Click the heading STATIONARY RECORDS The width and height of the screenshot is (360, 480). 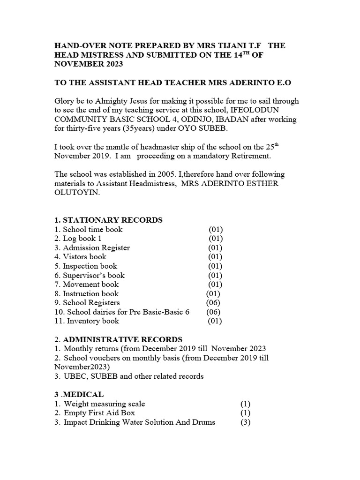(112, 220)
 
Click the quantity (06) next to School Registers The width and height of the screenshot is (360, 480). (213, 303)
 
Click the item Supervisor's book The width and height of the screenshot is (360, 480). (94, 275)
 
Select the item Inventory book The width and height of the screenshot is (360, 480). (93, 321)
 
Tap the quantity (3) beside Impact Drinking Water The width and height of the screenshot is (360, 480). (245, 422)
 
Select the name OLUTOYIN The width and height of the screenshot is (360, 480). (78, 192)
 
